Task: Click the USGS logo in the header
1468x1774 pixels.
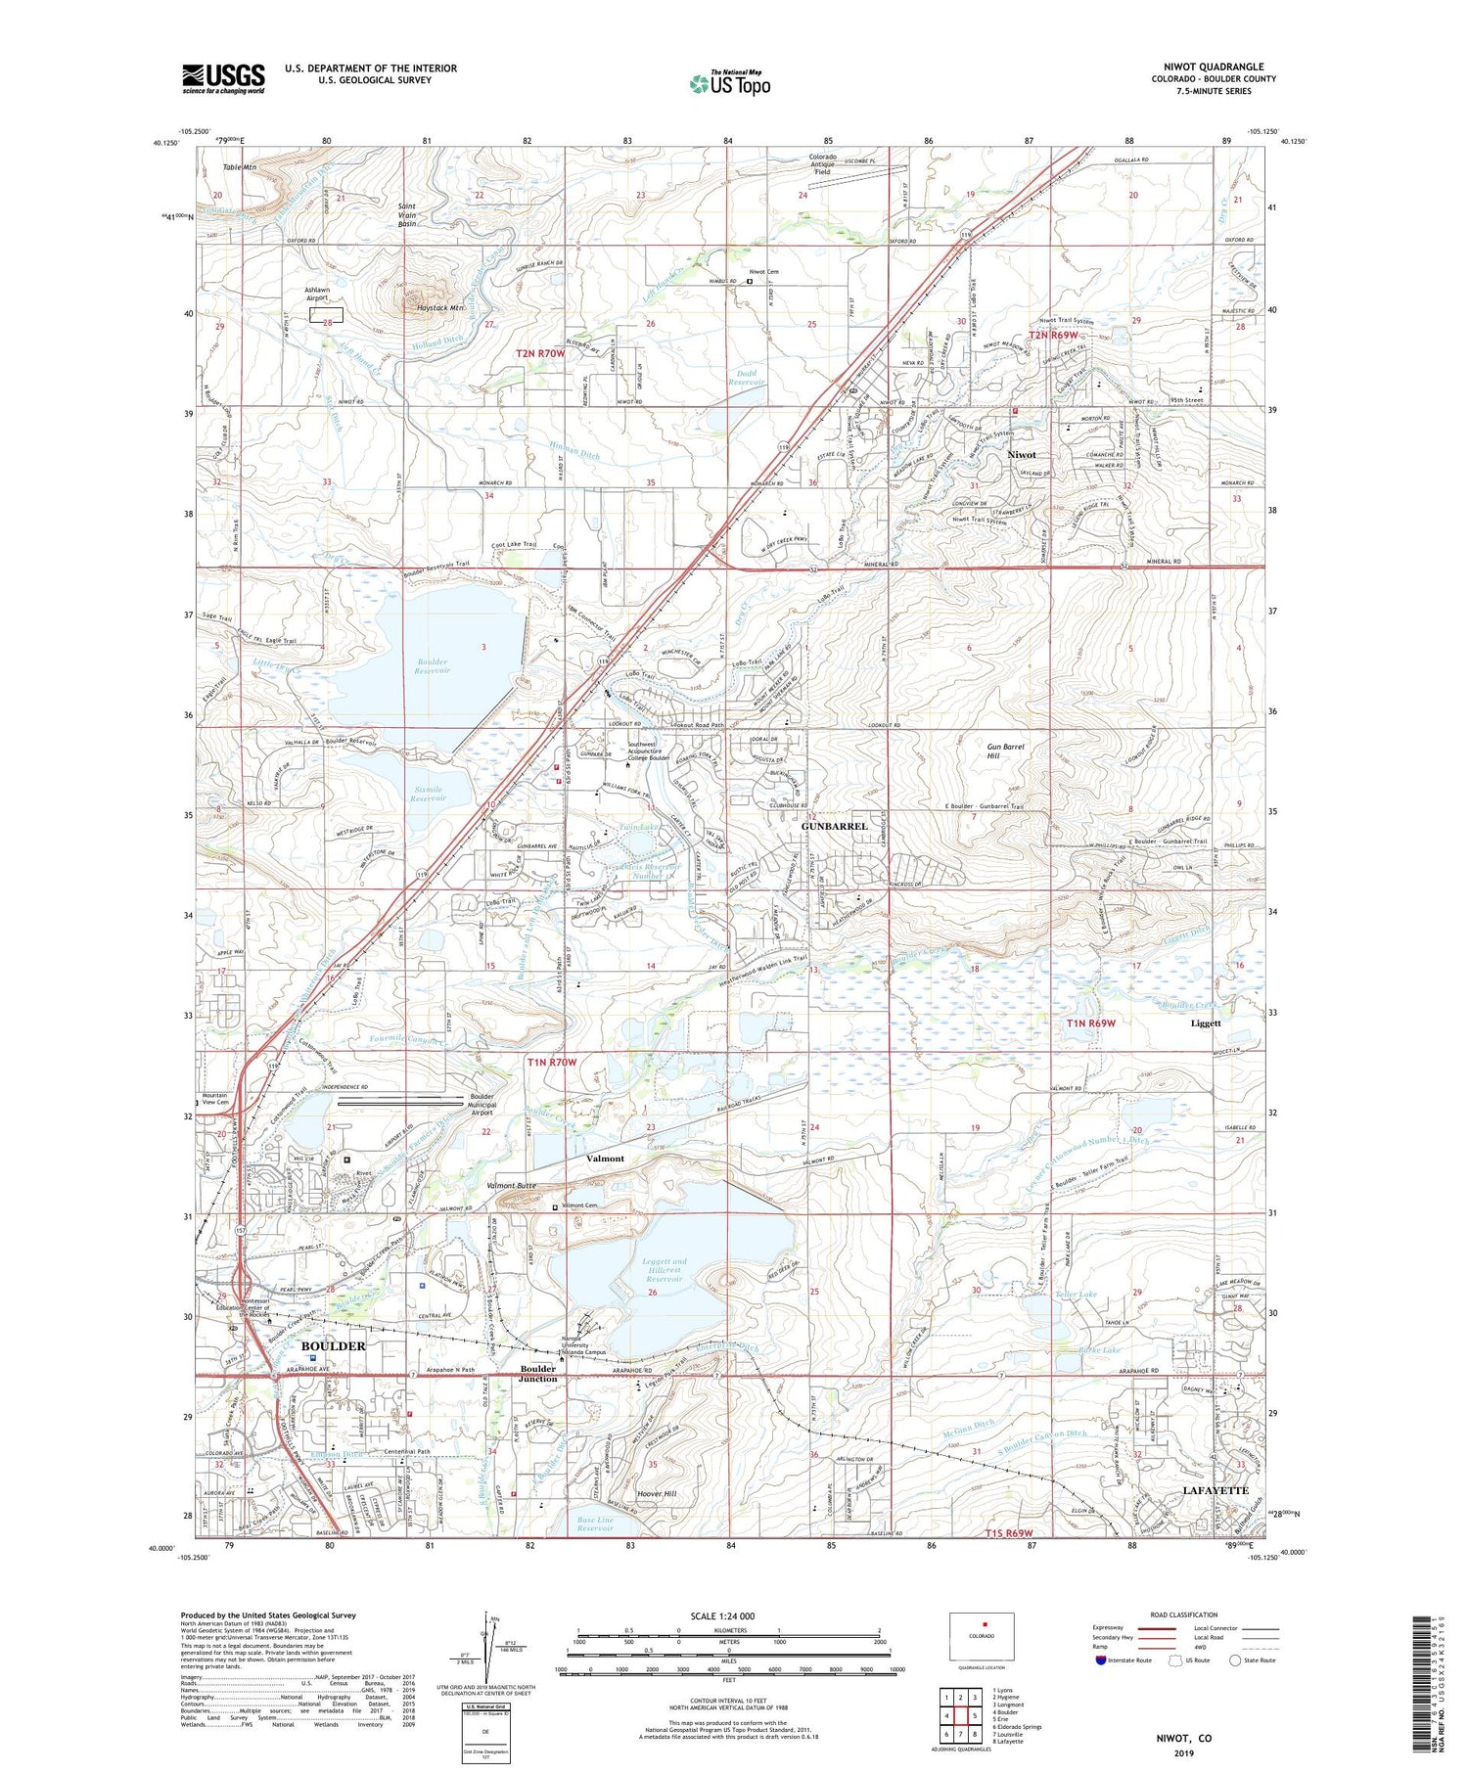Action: [x=223, y=78]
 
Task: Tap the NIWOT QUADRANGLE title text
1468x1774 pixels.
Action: [x=1213, y=67]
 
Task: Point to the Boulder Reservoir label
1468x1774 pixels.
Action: [x=432, y=666]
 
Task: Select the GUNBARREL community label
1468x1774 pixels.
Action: [x=834, y=826]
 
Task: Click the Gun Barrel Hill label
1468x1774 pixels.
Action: [x=1005, y=751]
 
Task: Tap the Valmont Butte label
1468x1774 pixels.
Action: [x=512, y=1185]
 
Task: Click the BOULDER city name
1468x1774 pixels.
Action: [x=333, y=1345]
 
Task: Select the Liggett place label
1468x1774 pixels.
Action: [x=1206, y=1023]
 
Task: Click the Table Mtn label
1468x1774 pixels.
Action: [x=240, y=167]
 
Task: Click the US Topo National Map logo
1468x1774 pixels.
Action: [x=729, y=84]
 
